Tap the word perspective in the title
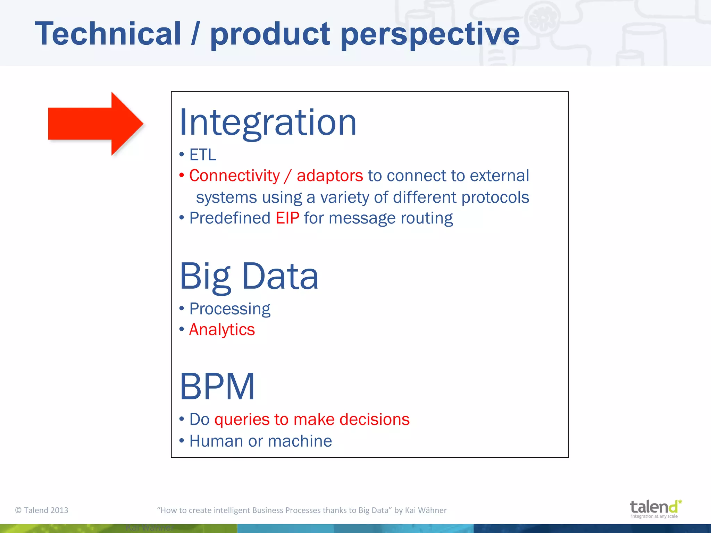click(x=430, y=35)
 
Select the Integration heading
click(x=268, y=122)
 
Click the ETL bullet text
click(x=203, y=155)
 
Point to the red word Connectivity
click(x=234, y=176)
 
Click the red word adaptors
click(x=329, y=176)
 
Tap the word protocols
click(x=495, y=197)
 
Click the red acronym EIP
click(x=287, y=218)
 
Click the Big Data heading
click(x=249, y=276)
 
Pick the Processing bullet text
click(x=229, y=309)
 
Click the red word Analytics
click(x=222, y=330)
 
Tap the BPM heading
click(x=217, y=386)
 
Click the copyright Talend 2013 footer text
click(x=42, y=510)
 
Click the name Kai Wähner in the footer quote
click(x=426, y=510)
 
